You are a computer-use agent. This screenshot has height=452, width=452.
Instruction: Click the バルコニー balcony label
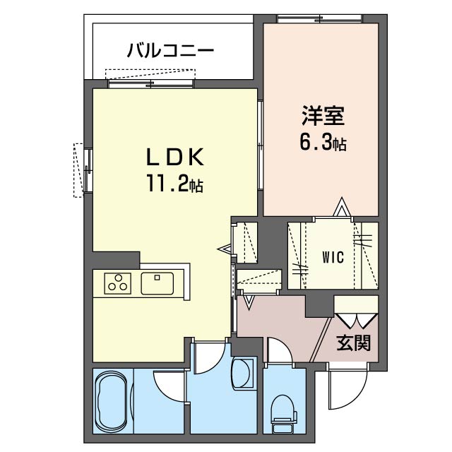click(x=171, y=50)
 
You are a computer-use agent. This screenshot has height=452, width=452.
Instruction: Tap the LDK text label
click(x=175, y=157)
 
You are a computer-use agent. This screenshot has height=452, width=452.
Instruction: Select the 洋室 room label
click(x=323, y=116)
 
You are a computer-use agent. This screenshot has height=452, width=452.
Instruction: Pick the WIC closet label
click(x=333, y=257)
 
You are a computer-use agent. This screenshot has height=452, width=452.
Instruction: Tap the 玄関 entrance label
click(x=353, y=343)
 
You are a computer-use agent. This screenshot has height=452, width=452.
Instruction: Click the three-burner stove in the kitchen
click(x=118, y=283)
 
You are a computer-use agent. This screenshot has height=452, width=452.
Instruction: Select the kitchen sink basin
click(x=157, y=283)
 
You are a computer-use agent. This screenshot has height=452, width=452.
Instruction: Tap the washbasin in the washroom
click(x=243, y=374)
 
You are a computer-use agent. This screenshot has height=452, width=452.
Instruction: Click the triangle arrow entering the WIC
click(x=343, y=206)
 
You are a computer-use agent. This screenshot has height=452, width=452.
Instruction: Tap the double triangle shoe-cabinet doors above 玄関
click(x=357, y=320)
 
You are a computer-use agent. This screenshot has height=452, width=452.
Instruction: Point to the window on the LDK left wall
click(x=88, y=169)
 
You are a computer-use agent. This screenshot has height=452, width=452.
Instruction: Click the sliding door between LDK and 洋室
click(x=261, y=145)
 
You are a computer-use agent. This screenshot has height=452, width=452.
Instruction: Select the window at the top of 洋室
click(x=319, y=19)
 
